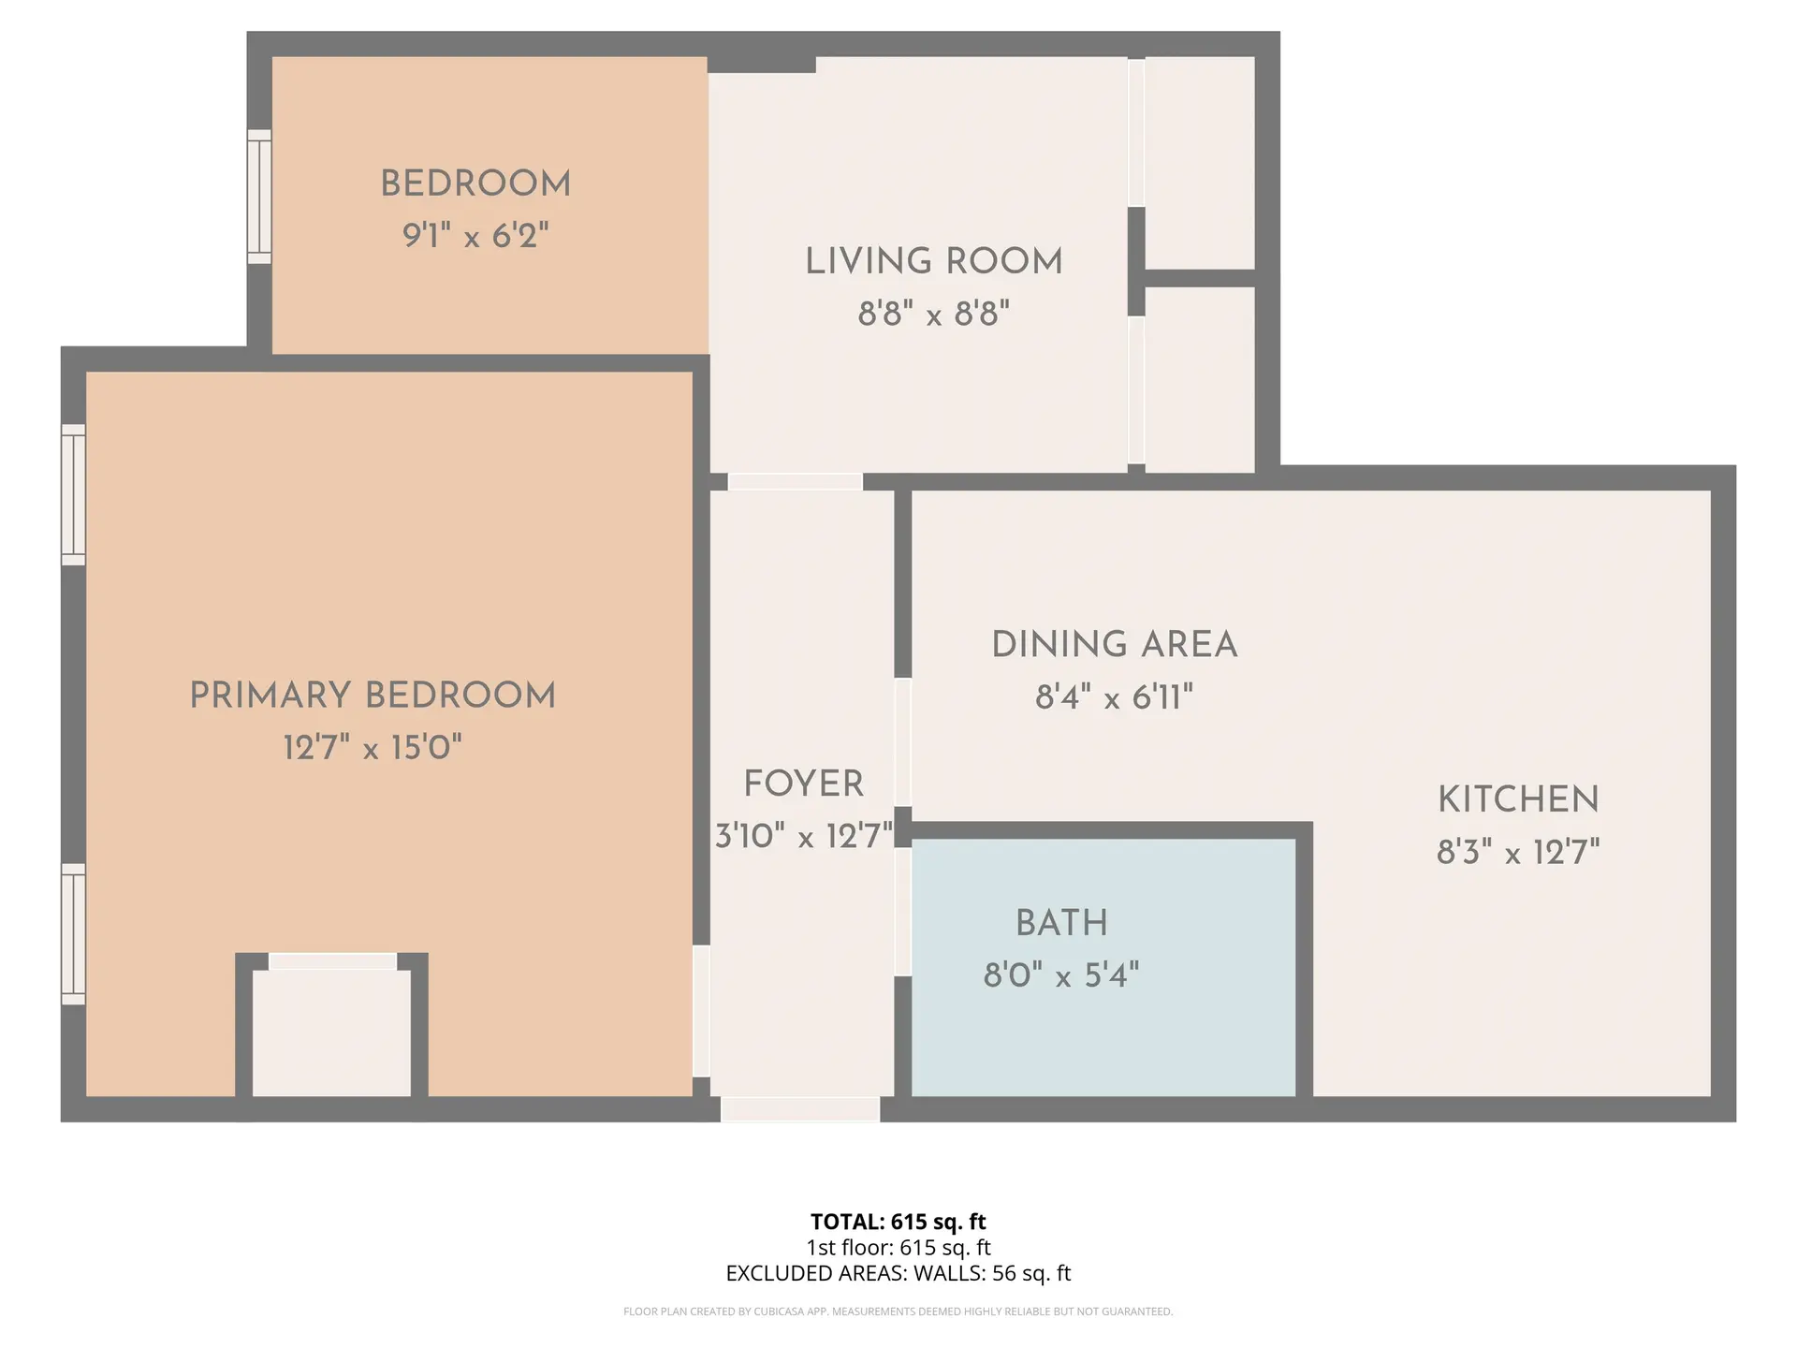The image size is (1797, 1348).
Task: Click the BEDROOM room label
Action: pyautogui.click(x=475, y=184)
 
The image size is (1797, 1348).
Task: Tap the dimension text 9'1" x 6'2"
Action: pyautogui.click(x=475, y=236)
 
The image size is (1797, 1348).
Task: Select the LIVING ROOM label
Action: pyautogui.click(x=934, y=262)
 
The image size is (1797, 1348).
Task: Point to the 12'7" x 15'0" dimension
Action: pyautogui.click(x=373, y=748)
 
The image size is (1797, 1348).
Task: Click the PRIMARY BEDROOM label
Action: pyautogui.click(x=373, y=696)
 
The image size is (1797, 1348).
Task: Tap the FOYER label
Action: pyautogui.click(x=803, y=784)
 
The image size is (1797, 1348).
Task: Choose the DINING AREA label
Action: pyautogui.click(x=1114, y=645)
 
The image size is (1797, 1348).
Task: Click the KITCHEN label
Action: pyautogui.click(x=1518, y=800)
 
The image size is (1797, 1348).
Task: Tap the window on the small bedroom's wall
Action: pyautogui.click(x=259, y=197)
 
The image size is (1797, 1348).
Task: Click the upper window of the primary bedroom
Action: pyautogui.click(x=73, y=494)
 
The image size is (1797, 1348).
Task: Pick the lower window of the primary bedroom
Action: pyautogui.click(x=73, y=934)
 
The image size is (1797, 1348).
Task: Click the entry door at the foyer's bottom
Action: pyautogui.click(x=800, y=1109)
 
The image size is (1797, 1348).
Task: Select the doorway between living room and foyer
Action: pyautogui.click(x=795, y=482)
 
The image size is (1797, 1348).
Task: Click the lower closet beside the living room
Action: pyautogui.click(x=1200, y=378)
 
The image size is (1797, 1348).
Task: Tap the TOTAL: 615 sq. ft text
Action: pyautogui.click(x=898, y=1222)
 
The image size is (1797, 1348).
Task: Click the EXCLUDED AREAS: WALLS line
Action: pyautogui.click(x=898, y=1273)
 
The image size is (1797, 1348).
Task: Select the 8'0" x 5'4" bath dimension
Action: pyautogui.click(x=1060, y=976)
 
